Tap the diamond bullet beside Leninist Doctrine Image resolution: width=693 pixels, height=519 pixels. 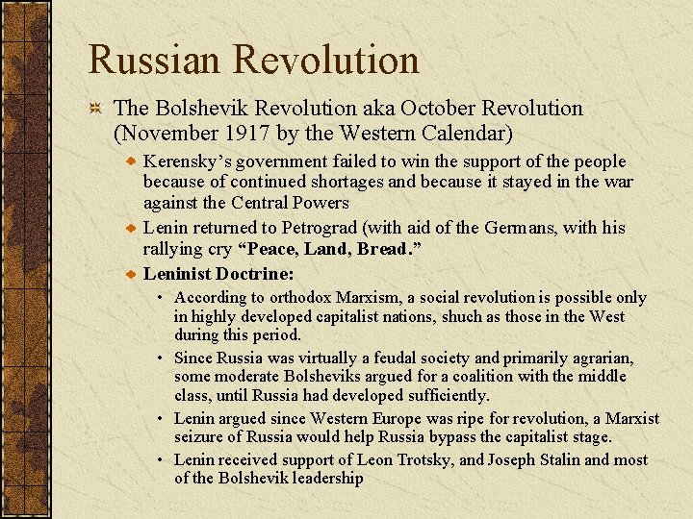pyautogui.click(x=132, y=274)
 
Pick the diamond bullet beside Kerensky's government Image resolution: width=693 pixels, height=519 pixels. pyautogui.click(x=132, y=161)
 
